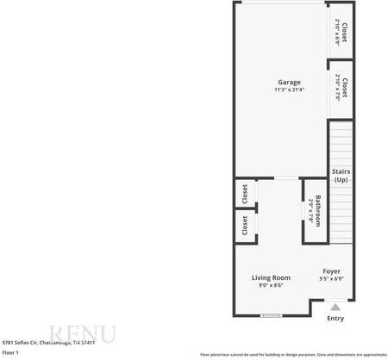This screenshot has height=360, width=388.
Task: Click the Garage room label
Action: click(289, 83)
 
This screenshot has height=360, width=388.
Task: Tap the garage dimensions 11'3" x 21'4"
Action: click(289, 90)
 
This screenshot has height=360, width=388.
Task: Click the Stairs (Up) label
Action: click(341, 176)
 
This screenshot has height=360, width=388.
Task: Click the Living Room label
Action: click(271, 277)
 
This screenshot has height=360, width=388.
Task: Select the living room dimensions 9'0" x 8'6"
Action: click(271, 285)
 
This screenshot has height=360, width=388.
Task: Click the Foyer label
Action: click(332, 270)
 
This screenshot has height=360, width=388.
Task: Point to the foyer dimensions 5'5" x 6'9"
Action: click(332, 278)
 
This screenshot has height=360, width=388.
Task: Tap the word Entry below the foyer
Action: click(335, 318)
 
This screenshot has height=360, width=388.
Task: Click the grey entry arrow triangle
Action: click(335, 306)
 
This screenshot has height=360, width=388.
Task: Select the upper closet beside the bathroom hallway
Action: click(244, 194)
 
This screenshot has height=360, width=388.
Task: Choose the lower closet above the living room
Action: click(244, 226)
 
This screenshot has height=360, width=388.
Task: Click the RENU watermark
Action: click(81, 334)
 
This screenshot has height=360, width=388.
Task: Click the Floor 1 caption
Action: click(10, 352)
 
